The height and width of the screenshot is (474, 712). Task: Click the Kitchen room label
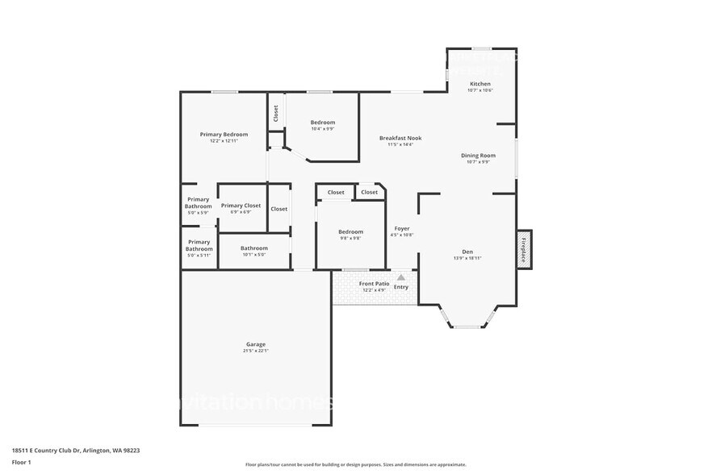pos(480,84)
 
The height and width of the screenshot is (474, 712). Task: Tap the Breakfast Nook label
pos(400,138)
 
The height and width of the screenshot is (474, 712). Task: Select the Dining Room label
pos(478,155)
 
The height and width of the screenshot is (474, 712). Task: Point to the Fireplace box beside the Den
pos(524,249)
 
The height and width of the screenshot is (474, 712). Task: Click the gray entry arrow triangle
pos(400,277)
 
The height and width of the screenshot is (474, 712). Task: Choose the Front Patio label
pos(374,284)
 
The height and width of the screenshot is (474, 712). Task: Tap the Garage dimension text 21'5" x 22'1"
pos(255,351)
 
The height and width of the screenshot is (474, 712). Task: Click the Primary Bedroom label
pos(224,134)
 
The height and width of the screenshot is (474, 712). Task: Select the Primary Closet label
pos(241,206)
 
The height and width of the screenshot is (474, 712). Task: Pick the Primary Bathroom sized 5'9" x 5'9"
pos(198,202)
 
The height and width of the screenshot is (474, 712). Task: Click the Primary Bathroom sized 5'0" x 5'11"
pos(199,245)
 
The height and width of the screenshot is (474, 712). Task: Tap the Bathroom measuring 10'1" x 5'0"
pos(253,248)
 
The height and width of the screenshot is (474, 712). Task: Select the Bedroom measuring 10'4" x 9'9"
pos(323,123)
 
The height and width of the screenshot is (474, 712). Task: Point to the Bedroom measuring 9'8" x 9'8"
pos(350,232)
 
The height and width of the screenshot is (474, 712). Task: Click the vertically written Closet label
pos(275,114)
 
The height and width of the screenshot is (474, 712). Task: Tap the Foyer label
pos(401,229)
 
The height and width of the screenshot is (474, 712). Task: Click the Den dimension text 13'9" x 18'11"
pos(467,258)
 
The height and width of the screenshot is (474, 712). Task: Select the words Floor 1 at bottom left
pos(21,462)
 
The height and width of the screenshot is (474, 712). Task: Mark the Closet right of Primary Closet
pos(279,209)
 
